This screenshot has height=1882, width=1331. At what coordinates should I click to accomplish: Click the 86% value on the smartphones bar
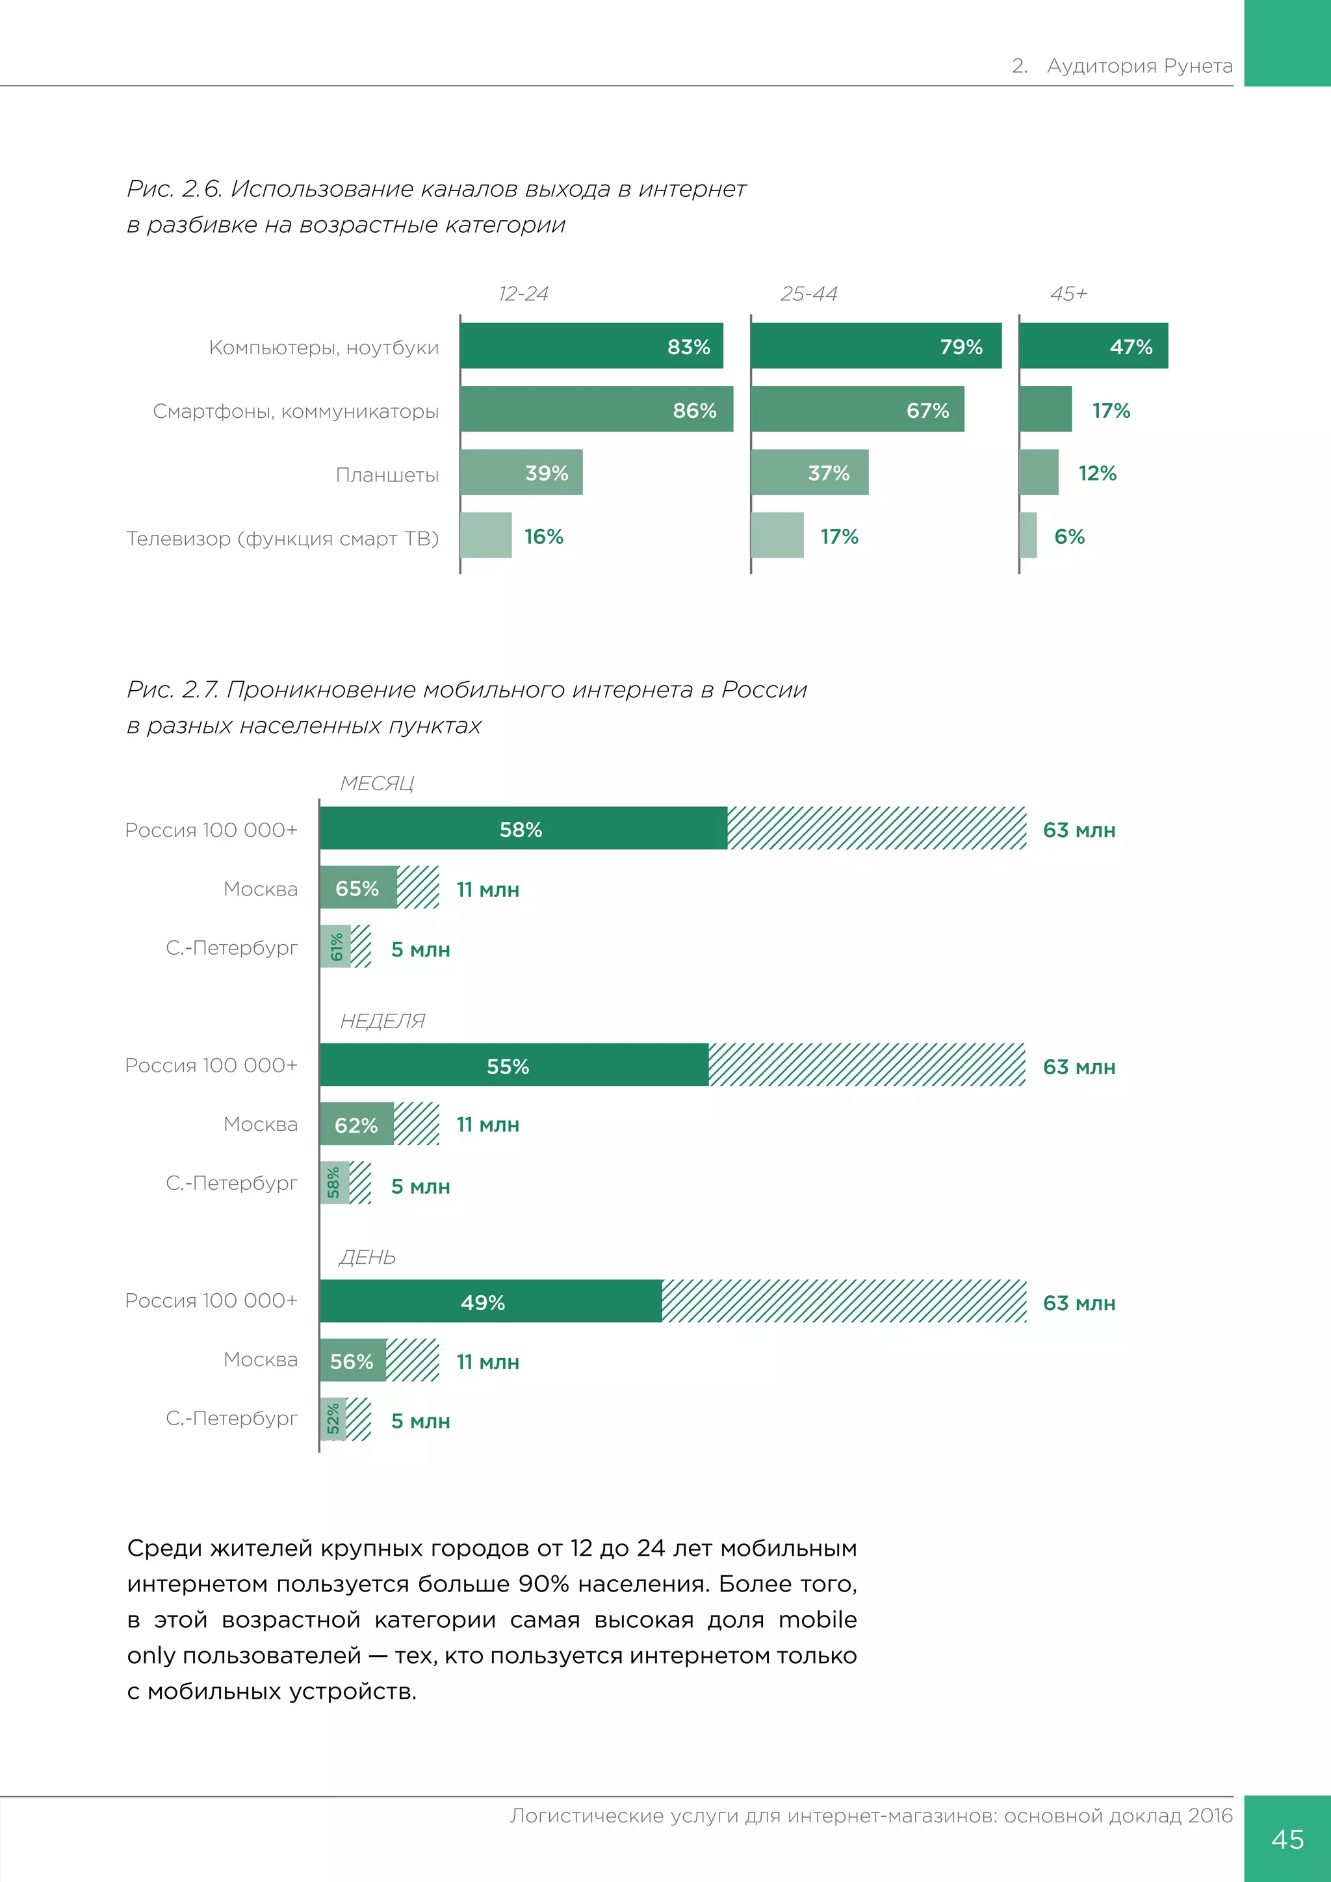(x=694, y=411)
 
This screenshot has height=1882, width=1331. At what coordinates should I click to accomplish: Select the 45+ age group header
(x=1068, y=294)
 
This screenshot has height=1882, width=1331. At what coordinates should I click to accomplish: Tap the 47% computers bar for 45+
(x=1093, y=346)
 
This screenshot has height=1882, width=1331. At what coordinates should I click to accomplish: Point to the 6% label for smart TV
(x=1068, y=537)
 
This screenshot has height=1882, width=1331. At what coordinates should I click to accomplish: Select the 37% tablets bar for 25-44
(x=809, y=473)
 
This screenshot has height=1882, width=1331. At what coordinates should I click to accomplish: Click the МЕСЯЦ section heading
(x=377, y=784)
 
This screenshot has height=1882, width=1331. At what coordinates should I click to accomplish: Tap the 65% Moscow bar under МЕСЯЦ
(x=358, y=888)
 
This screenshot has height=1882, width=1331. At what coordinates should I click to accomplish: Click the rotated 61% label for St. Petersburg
(x=336, y=947)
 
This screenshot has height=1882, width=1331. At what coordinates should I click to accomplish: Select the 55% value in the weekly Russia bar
(x=508, y=1066)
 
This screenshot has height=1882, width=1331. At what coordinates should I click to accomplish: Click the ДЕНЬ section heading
(x=367, y=1257)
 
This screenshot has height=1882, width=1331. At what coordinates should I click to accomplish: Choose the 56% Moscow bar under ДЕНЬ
(x=352, y=1361)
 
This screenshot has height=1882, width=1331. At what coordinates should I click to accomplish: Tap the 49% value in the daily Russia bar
(x=483, y=1302)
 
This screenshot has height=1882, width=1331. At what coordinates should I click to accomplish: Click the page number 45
(x=1287, y=1838)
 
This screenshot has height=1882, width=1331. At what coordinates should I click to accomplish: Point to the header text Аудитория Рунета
(x=1139, y=66)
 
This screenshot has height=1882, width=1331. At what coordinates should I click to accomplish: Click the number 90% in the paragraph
(x=543, y=1584)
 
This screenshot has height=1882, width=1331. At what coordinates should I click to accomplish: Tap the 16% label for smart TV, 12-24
(x=543, y=537)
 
